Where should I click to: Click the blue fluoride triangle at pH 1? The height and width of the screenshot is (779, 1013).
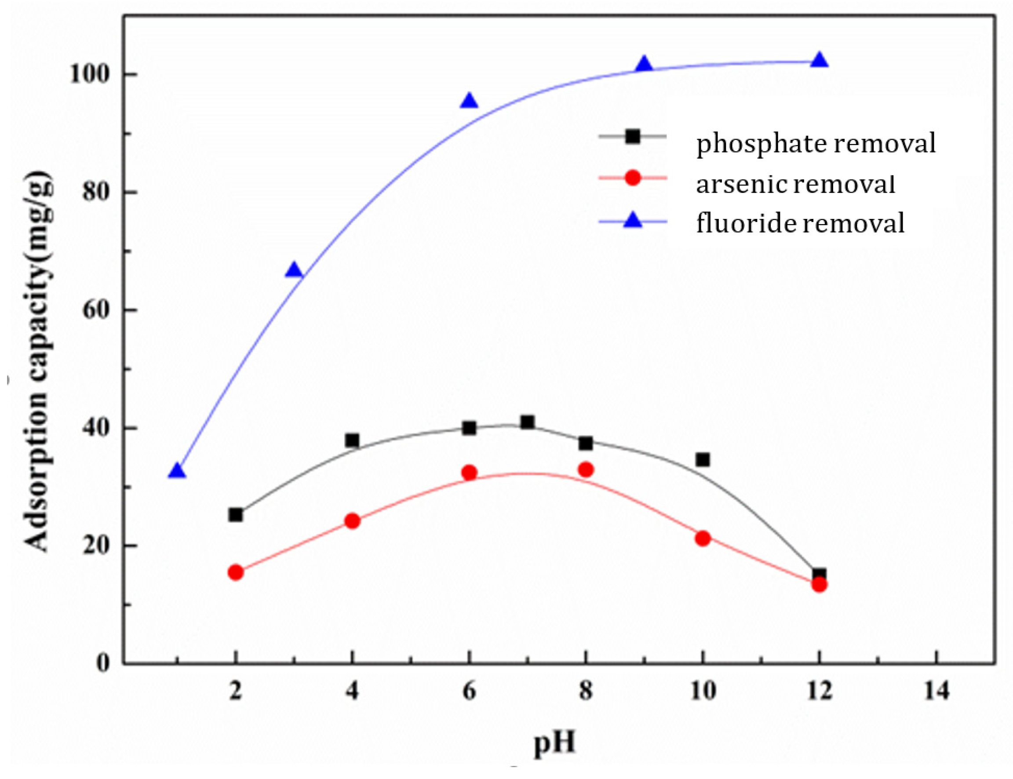coord(177,471)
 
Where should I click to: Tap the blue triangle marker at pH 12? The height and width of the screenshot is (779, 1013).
coord(819,60)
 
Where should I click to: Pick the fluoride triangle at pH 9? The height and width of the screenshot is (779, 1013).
coord(644,65)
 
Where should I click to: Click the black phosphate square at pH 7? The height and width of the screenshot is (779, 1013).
coord(527,422)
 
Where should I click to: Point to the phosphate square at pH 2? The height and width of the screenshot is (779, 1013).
coord(236,515)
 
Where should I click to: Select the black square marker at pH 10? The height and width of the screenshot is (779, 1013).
coord(703,459)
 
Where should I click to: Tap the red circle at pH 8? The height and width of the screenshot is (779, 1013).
coord(586,470)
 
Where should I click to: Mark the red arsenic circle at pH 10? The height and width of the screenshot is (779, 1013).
coord(703,539)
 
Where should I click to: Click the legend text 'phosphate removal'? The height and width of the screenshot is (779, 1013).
coord(816,143)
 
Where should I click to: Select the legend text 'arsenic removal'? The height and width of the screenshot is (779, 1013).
coord(795,184)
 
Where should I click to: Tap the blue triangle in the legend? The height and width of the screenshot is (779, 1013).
coord(633,221)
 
